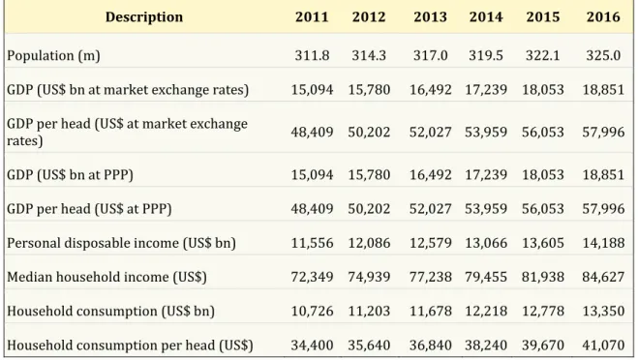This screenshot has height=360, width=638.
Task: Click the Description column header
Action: pyautogui.click(x=144, y=17)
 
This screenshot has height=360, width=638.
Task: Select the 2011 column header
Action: pyautogui.click(x=312, y=17)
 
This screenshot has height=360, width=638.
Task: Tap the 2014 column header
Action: pyautogui.click(x=486, y=17)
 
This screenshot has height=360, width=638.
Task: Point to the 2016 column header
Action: pyautogui.click(x=603, y=17)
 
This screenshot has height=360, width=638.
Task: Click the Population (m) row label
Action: pyautogui.click(x=53, y=55)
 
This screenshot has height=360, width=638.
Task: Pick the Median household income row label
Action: pyautogui.click(x=106, y=277)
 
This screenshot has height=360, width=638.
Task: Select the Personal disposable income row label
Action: pyautogui.click(x=121, y=243)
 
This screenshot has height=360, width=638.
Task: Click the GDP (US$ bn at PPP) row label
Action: pyautogui.click(x=70, y=175)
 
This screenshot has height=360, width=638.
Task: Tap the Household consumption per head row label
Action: pyautogui.click(x=130, y=345)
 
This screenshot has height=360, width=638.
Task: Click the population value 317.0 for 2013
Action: pyautogui.click(x=430, y=55)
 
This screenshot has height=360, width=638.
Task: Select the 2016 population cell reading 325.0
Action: pyautogui.click(x=603, y=55)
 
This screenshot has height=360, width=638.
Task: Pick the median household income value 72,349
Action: pyautogui.click(x=312, y=277)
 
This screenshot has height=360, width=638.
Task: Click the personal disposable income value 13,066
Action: pyautogui.click(x=486, y=243)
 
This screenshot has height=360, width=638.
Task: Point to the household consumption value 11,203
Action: pyautogui.click(x=369, y=312)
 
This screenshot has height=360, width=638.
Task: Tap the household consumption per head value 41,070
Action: pyautogui.click(x=603, y=345)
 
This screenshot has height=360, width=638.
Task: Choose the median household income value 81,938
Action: pyautogui.click(x=543, y=277)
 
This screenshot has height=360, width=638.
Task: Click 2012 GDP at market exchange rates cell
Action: pyautogui.click(x=369, y=90)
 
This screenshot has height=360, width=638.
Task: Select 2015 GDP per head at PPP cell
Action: pyautogui.click(x=543, y=209)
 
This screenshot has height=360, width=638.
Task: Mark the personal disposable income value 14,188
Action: pyautogui.click(x=603, y=243)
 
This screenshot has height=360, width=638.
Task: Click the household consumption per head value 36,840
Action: pyautogui.click(x=430, y=345)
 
